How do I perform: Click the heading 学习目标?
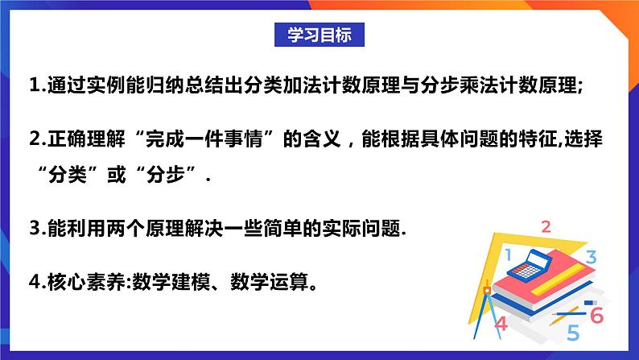point(319,35)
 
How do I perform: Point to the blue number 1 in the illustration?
point(508,255)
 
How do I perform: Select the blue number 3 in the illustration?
point(590,258)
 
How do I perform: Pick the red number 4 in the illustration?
point(501,324)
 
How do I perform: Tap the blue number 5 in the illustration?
point(573,332)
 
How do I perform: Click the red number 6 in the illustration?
point(596,315)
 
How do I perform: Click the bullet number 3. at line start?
point(36,229)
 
